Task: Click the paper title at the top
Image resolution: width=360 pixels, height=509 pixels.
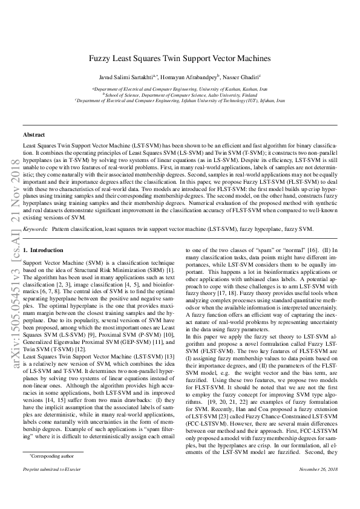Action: pyautogui.click(x=180, y=59)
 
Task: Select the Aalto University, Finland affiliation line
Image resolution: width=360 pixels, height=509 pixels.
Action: pyautogui.click(x=180, y=95)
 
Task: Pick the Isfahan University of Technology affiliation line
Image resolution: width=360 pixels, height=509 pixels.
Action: pyautogui.click(x=180, y=101)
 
